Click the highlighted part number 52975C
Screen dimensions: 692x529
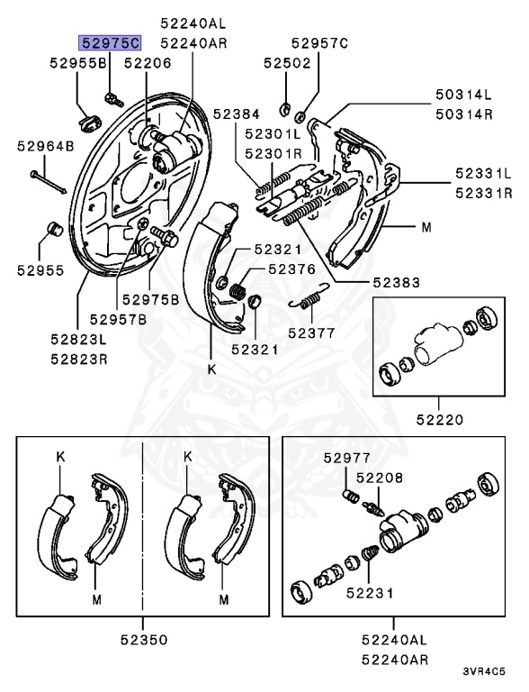click(x=110, y=42)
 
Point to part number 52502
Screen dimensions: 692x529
click(x=287, y=63)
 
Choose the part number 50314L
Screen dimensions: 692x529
click(x=464, y=94)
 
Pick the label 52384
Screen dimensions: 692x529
click(x=237, y=113)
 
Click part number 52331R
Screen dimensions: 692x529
click(x=483, y=192)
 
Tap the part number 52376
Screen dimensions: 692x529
click(x=291, y=269)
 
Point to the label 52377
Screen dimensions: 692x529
click(x=311, y=332)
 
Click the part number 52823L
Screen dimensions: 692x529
click(x=77, y=340)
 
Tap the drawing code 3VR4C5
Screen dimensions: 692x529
click(x=484, y=671)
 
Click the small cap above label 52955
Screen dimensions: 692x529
click(x=53, y=226)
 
